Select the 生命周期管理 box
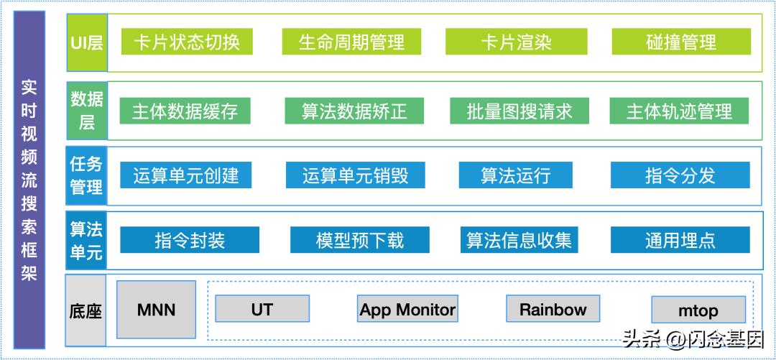[x=351, y=42]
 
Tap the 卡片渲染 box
[x=515, y=42]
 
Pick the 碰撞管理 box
[x=680, y=42]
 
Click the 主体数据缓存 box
[x=185, y=111]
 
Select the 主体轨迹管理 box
[x=679, y=111]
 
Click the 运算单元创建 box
[x=185, y=175]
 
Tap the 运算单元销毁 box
[x=354, y=175]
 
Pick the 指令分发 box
[x=680, y=175]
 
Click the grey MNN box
[x=156, y=310]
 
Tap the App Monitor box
[x=407, y=310]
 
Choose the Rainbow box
[x=553, y=310]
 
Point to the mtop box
[x=698, y=311]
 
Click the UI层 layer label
[x=87, y=42]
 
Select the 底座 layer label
[x=86, y=311]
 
